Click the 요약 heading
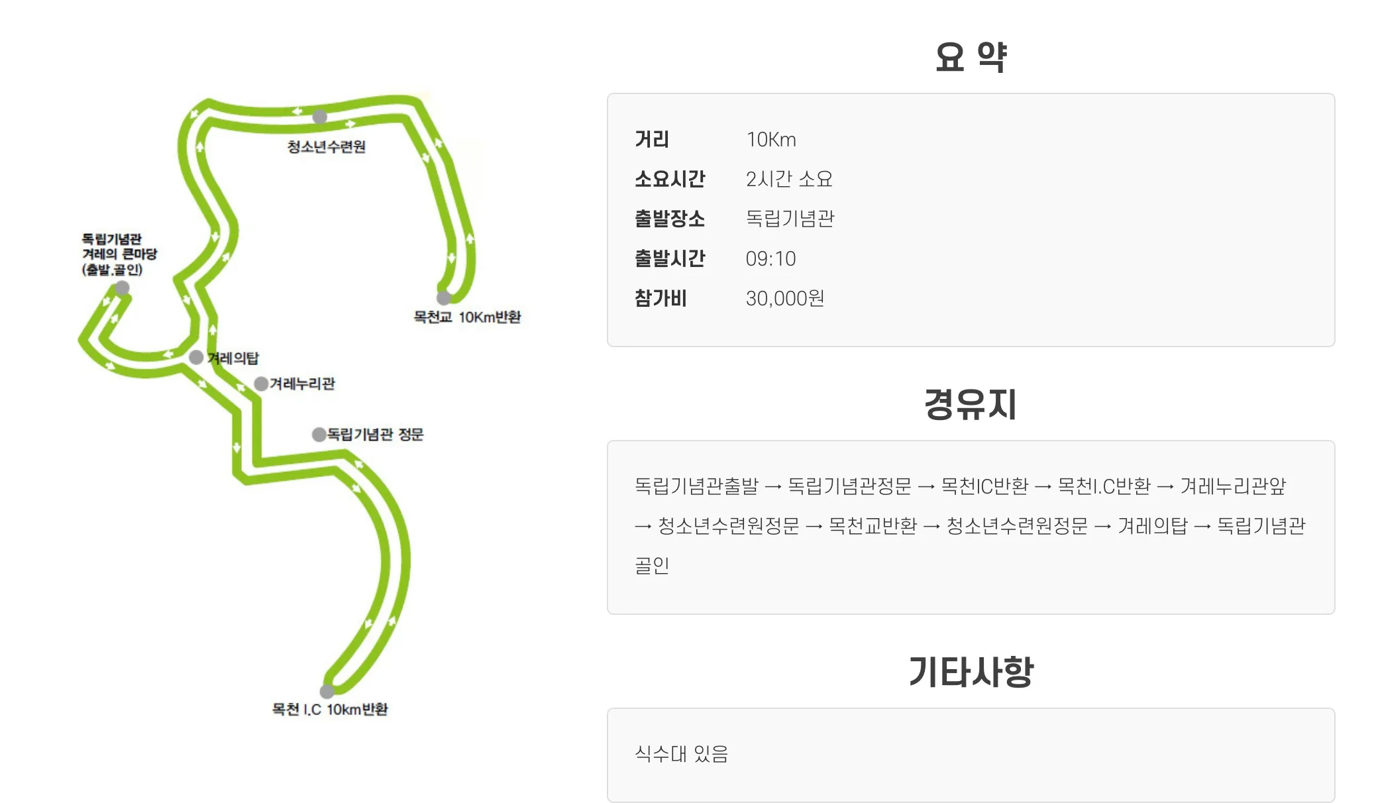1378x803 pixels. [x=970, y=57]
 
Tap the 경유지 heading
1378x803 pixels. [x=970, y=404]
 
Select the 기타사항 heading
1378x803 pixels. [x=971, y=672]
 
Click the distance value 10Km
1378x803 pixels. [x=770, y=140]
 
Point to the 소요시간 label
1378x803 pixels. [x=670, y=179]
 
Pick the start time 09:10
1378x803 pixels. [x=770, y=259]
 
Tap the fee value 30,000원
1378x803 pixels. [x=784, y=299]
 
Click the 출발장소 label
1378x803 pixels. [x=670, y=219]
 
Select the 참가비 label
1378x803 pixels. [x=661, y=299]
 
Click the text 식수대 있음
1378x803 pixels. [x=681, y=753]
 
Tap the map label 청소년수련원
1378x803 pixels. [x=326, y=146]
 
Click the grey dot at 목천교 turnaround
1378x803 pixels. [x=444, y=297]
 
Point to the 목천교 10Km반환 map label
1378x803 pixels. [x=467, y=317]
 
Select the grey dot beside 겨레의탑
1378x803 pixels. [x=196, y=357]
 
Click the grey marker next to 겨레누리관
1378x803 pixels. [x=261, y=384]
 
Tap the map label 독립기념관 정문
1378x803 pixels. [x=375, y=435]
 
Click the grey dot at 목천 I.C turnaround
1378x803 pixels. [x=327, y=692]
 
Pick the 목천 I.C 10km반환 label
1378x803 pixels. [x=330, y=710]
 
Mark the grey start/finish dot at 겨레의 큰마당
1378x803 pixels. [x=122, y=288]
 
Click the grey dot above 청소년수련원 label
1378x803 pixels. [x=320, y=117]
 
